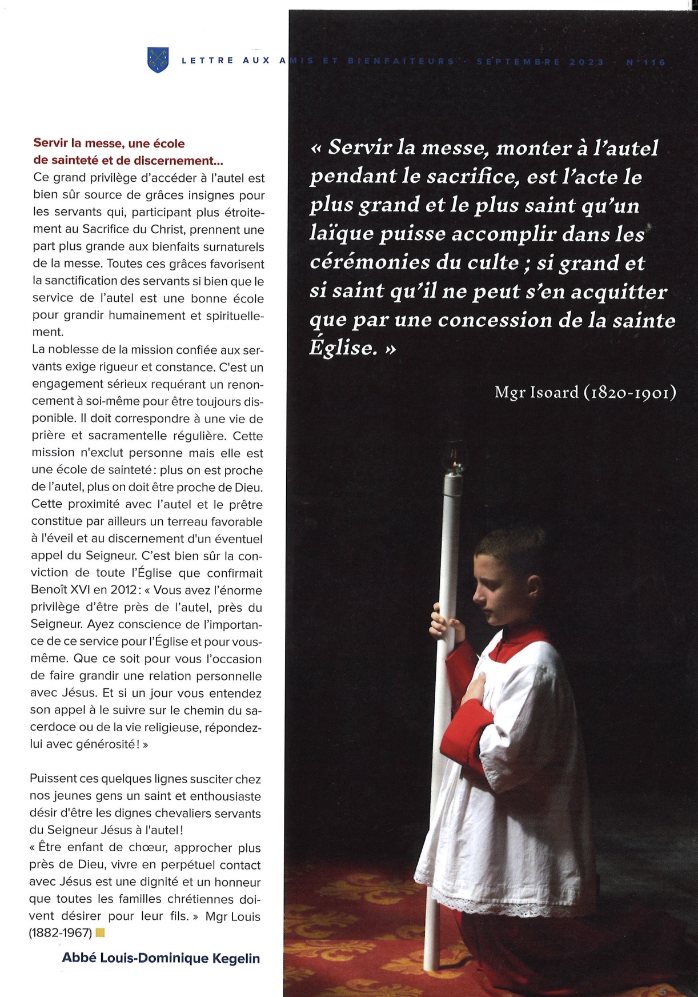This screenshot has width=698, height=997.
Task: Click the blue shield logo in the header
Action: pyautogui.click(x=158, y=60)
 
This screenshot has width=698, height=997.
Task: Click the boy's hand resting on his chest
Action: pyautogui.click(x=477, y=686)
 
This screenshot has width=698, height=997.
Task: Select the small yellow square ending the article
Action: pyautogui.click(x=100, y=933)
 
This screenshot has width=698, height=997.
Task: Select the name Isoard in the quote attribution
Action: pyautogui.click(x=551, y=392)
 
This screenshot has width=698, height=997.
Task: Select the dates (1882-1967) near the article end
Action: pyautogui.click(x=61, y=933)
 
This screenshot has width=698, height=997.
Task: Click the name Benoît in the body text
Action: pyautogui.click(x=50, y=590)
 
